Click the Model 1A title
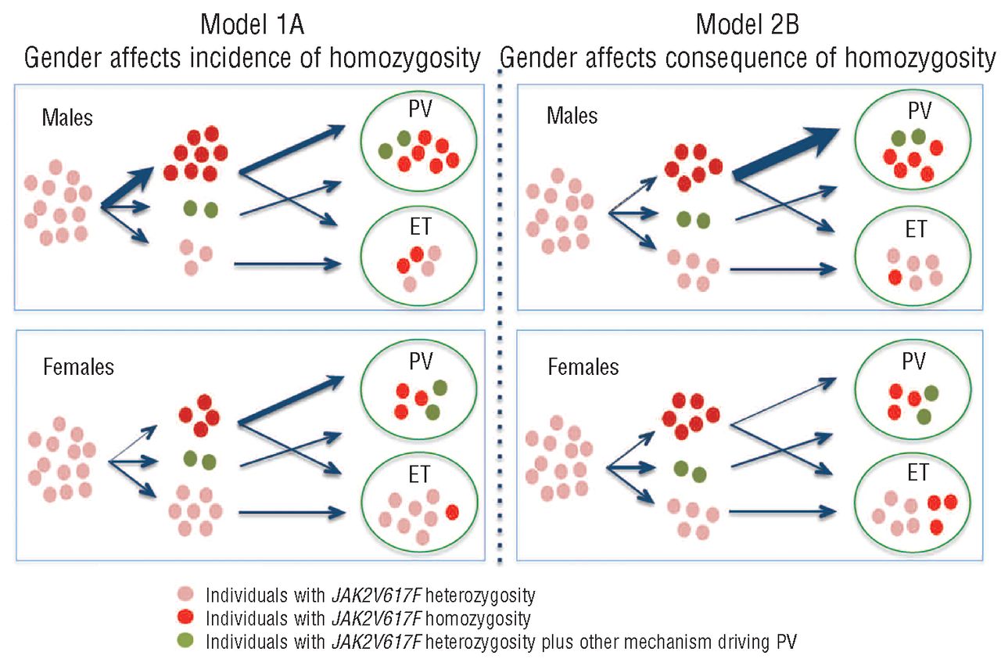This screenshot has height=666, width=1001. [x=252, y=24]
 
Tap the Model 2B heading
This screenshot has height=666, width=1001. [x=748, y=24]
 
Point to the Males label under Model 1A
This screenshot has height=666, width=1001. [x=67, y=117]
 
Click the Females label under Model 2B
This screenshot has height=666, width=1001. [x=583, y=367]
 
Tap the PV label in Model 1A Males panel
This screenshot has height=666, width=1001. [x=421, y=109]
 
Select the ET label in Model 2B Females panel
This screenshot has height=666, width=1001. [x=918, y=473]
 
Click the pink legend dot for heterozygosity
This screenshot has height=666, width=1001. [x=185, y=594]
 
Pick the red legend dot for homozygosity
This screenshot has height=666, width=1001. [x=185, y=617]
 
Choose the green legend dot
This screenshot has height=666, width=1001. [x=185, y=640]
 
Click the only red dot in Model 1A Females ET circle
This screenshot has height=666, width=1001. [x=452, y=512]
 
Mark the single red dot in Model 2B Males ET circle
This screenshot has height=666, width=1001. [x=895, y=278]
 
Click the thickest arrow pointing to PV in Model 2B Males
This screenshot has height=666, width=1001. [x=786, y=153]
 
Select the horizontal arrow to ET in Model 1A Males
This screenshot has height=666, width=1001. [x=288, y=264]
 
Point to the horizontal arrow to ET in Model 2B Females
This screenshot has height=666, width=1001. [x=783, y=512]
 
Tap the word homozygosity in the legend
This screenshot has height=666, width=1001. [x=478, y=619]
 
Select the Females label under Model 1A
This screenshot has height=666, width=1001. [x=79, y=367]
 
